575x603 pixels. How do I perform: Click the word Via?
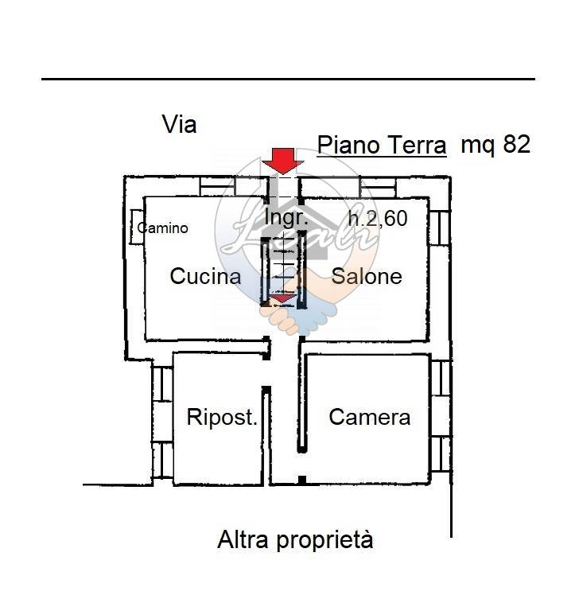click(179, 125)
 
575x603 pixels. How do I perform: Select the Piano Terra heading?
click(382, 146)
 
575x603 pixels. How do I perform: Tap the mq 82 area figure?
click(495, 145)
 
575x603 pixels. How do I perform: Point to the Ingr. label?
click(286, 217)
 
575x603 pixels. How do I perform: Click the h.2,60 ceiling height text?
click(378, 218)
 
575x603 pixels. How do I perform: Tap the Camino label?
click(163, 228)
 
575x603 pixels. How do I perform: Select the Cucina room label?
click(205, 276)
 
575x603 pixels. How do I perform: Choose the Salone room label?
click(367, 276)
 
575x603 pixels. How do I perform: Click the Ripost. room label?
click(222, 417)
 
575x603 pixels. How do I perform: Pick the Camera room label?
click(370, 417)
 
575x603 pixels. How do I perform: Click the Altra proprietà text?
click(295, 541)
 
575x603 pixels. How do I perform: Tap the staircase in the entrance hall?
click(282, 270)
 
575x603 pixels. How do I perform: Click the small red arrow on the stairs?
click(282, 298)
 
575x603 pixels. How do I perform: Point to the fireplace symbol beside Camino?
click(136, 228)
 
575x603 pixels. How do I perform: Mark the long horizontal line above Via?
click(287, 79)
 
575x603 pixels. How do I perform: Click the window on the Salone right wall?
click(440, 227)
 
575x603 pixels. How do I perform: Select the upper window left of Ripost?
click(162, 383)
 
